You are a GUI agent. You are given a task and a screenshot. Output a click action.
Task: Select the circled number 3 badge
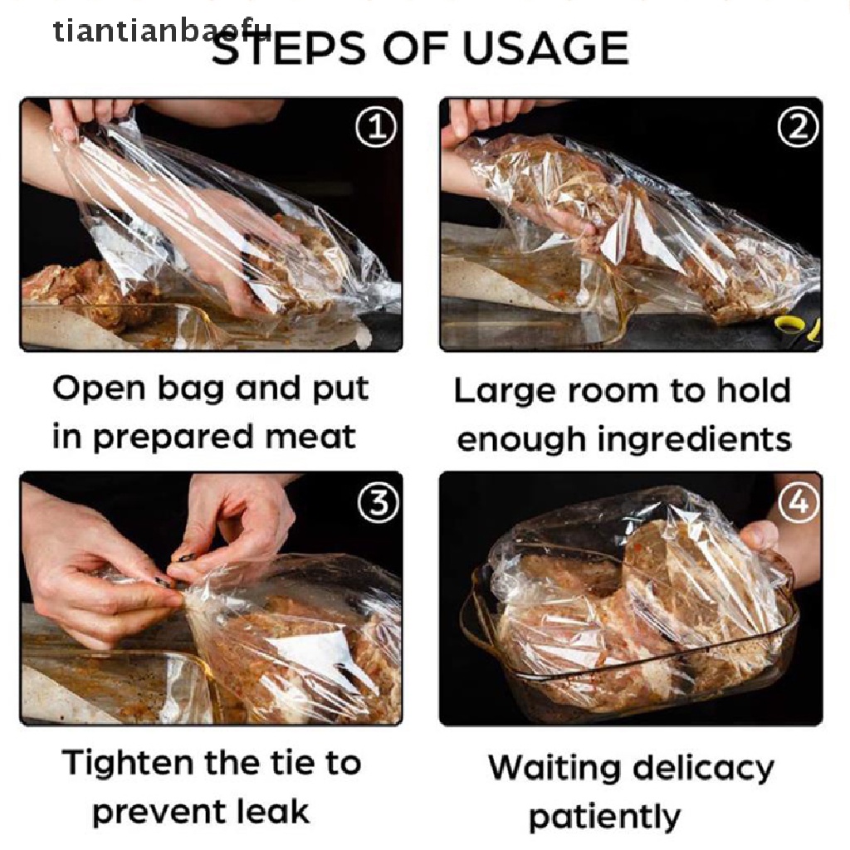379,502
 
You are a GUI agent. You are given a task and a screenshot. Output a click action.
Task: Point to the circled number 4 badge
799,502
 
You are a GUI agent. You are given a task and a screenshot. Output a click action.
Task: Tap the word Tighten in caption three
129,762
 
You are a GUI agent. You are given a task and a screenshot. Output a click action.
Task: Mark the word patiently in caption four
604,817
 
